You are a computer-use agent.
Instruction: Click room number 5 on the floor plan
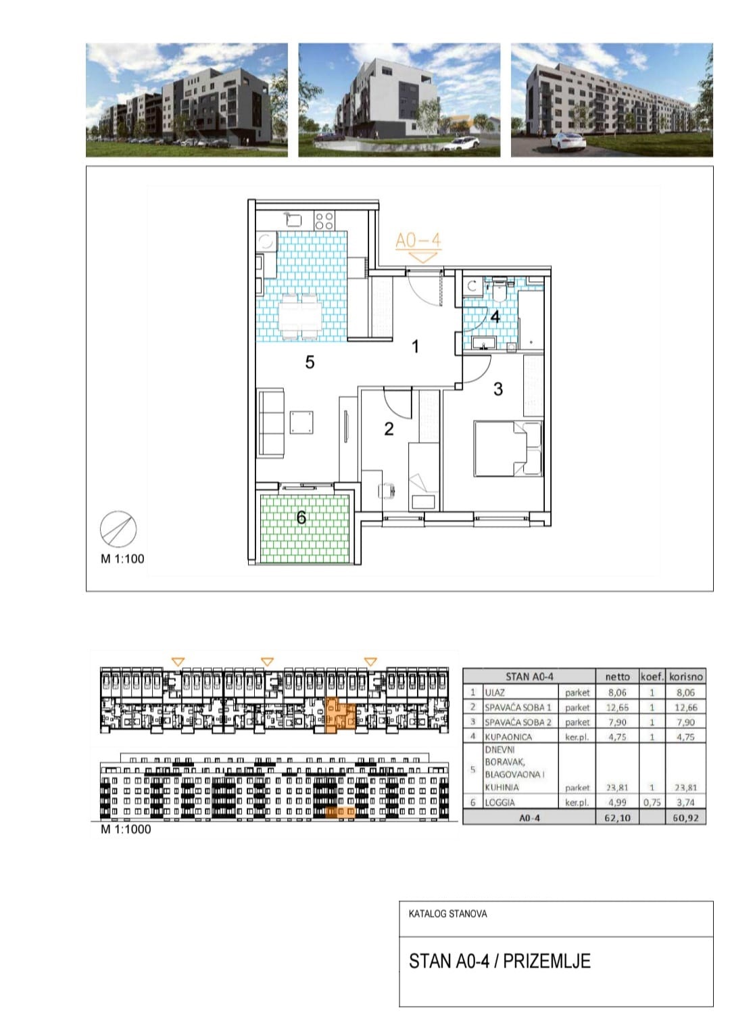(310, 362)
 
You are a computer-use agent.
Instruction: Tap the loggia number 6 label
(301, 518)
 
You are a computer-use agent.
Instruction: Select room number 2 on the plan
(389, 429)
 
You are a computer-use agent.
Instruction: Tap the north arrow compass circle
(118, 529)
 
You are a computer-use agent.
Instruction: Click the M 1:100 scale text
(122, 558)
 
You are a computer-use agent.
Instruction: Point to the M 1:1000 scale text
(126, 829)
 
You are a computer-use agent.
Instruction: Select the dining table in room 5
(299, 317)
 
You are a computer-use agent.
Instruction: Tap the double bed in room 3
(508, 448)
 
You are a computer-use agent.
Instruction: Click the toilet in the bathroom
(498, 288)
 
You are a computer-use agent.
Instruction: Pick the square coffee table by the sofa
(302, 422)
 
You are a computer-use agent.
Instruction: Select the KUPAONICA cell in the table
(508, 738)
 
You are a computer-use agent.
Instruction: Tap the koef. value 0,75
(652, 803)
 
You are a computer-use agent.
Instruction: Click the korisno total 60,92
(685, 818)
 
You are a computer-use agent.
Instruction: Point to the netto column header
(617, 677)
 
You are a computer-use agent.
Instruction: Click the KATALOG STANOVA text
(448, 913)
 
